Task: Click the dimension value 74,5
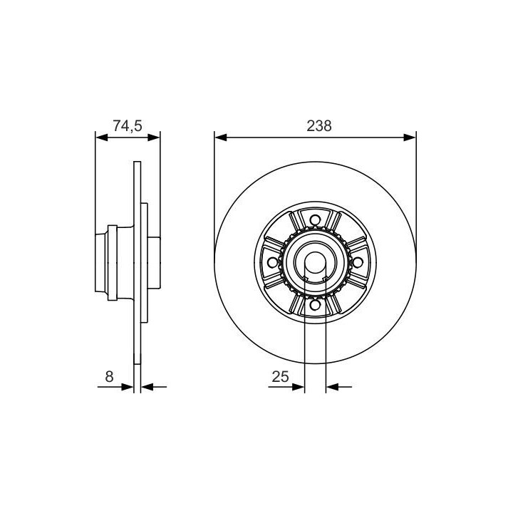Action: tap(128, 126)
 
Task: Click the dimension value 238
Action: tap(319, 126)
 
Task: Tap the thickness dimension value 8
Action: tap(109, 377)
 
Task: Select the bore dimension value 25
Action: tap(281, 377)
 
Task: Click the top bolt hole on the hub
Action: tap(315, 220)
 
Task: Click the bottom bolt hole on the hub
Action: tap(315, 305)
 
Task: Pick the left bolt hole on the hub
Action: tap(272, 262)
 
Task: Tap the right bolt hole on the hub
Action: tap(358, 262)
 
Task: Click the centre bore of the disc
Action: tap(316, 263)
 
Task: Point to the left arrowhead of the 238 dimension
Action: tap(220, 138)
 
